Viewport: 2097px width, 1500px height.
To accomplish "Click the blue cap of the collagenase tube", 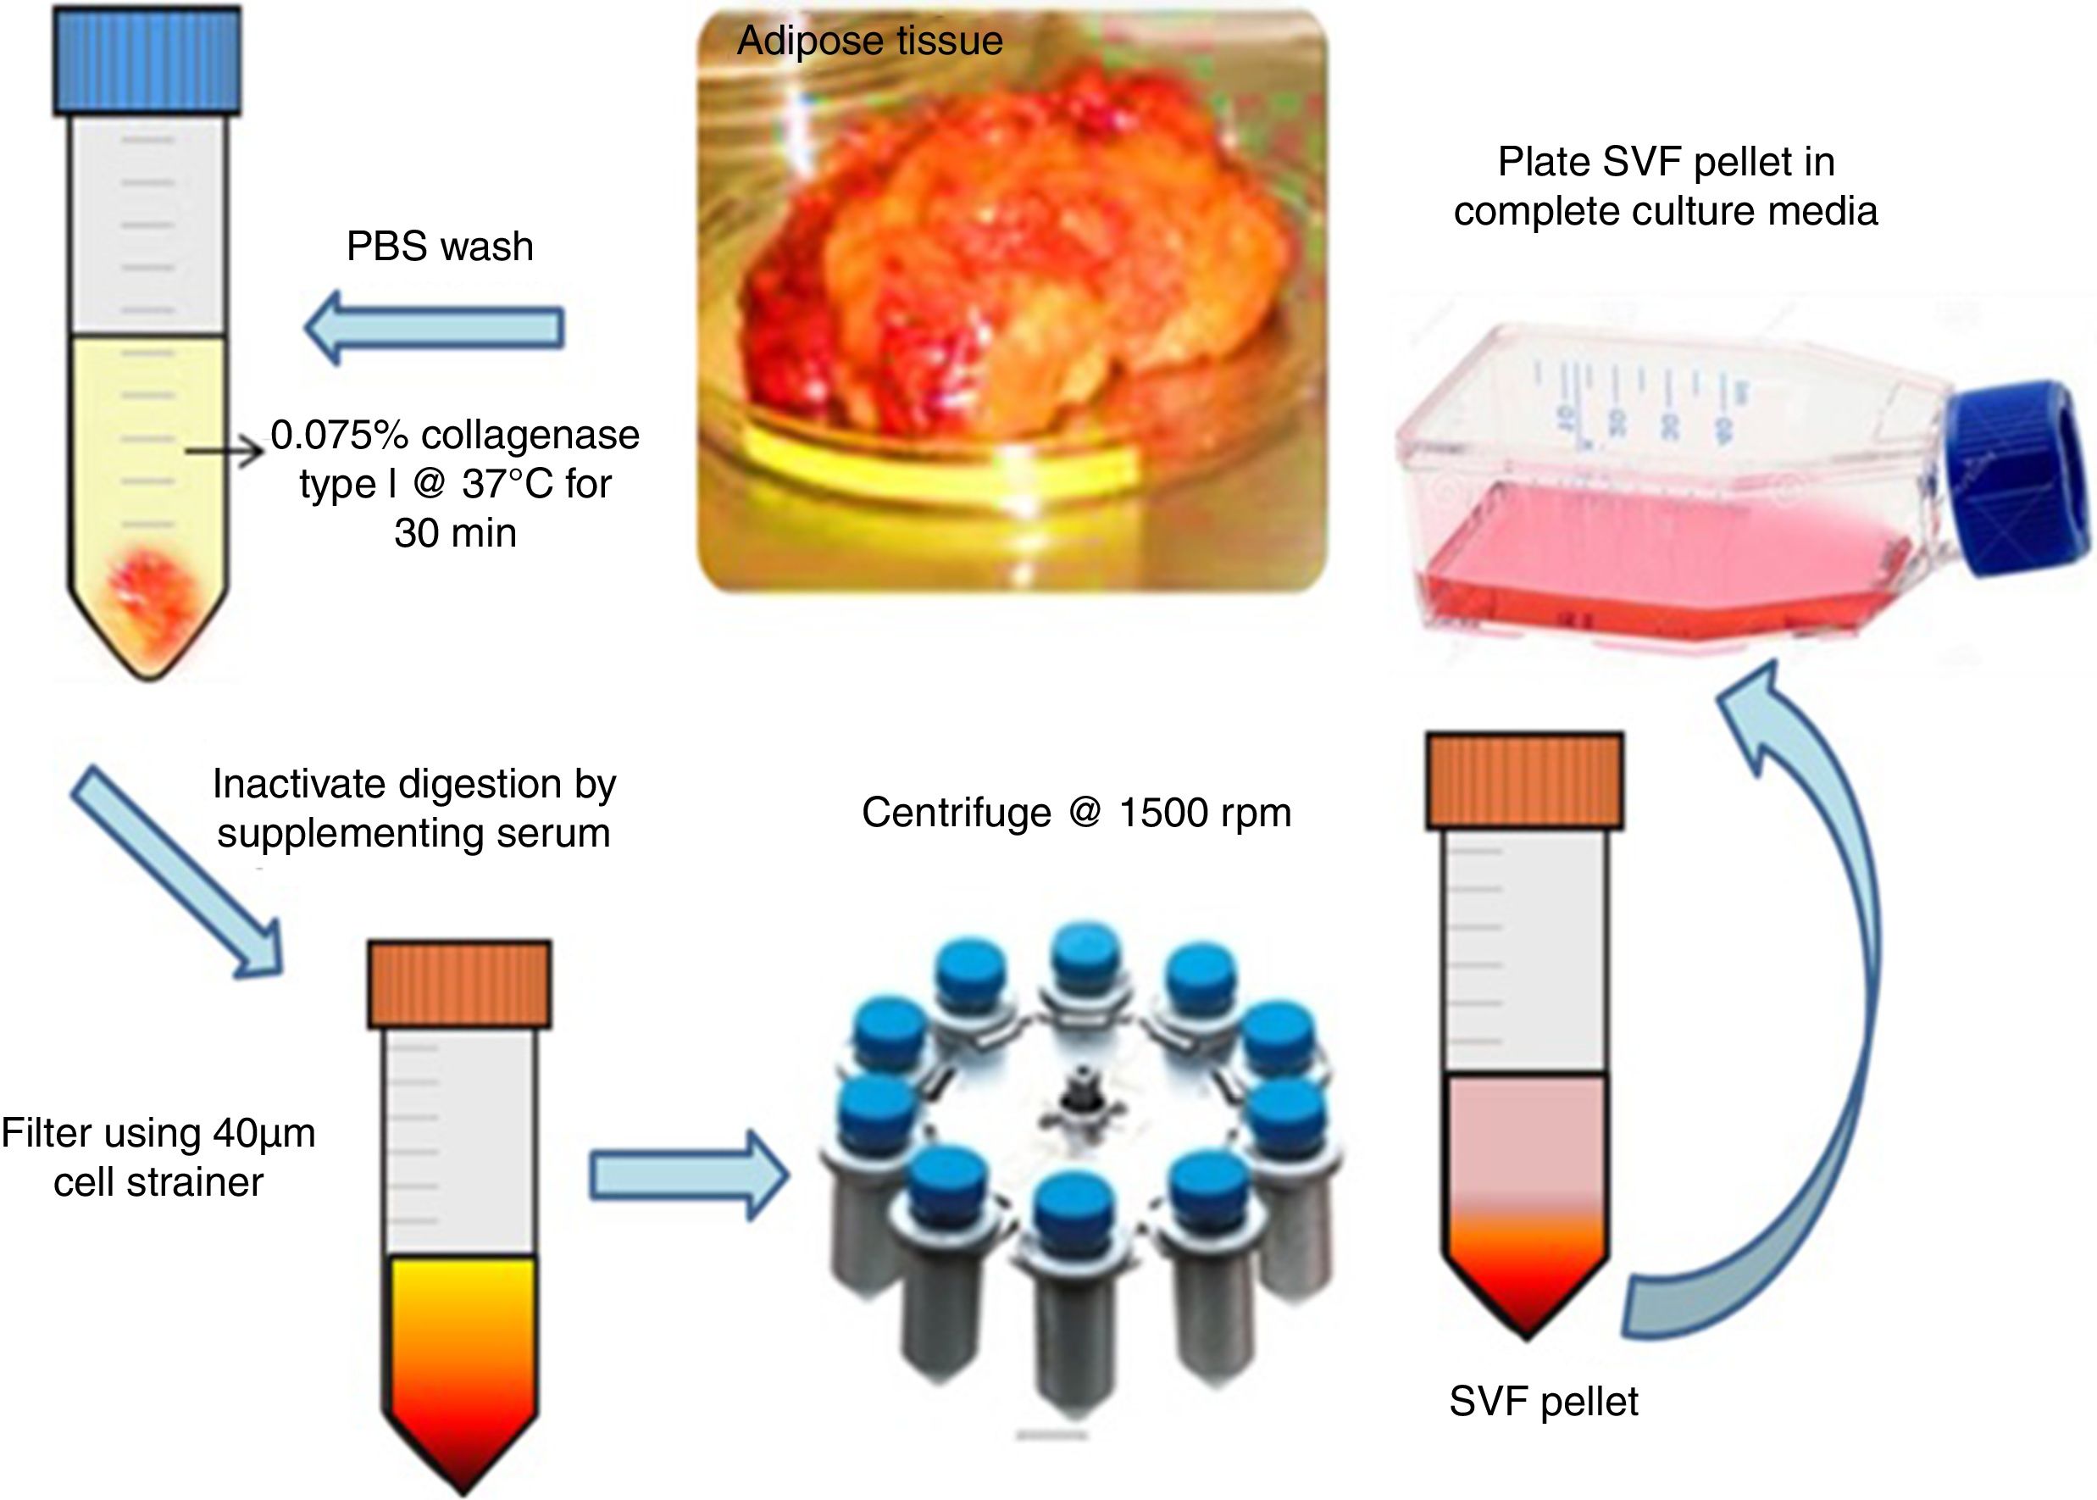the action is tap(147, 60).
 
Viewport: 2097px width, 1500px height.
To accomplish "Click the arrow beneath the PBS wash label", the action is tap(434, 327).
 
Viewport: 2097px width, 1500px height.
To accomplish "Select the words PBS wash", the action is tap(440, 247).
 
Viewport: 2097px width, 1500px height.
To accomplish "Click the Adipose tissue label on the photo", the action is tap(869, 41).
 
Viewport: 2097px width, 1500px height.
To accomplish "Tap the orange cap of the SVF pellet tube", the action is tap(1524, 781).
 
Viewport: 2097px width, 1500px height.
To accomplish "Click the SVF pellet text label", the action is tap(1544, 1401).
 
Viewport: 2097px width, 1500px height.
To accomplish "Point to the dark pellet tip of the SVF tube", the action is tap(1525, 1312).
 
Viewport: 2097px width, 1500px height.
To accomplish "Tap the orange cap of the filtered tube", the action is tap(459, 985).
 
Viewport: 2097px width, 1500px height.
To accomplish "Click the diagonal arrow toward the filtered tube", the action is tap(175, 869).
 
